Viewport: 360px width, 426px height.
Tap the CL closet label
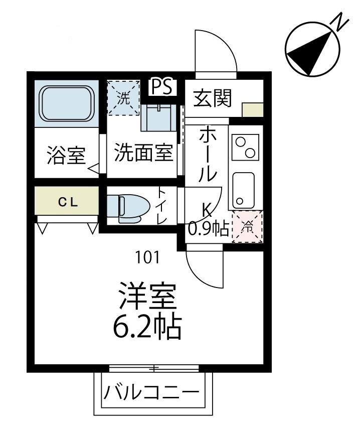67,202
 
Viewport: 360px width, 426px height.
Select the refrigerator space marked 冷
247,226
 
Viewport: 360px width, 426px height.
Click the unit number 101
147,257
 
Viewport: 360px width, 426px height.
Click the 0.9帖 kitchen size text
208,228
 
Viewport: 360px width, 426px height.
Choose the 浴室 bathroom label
66,156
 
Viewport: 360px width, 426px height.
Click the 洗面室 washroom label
143,153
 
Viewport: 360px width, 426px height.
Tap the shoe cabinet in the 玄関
252,109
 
